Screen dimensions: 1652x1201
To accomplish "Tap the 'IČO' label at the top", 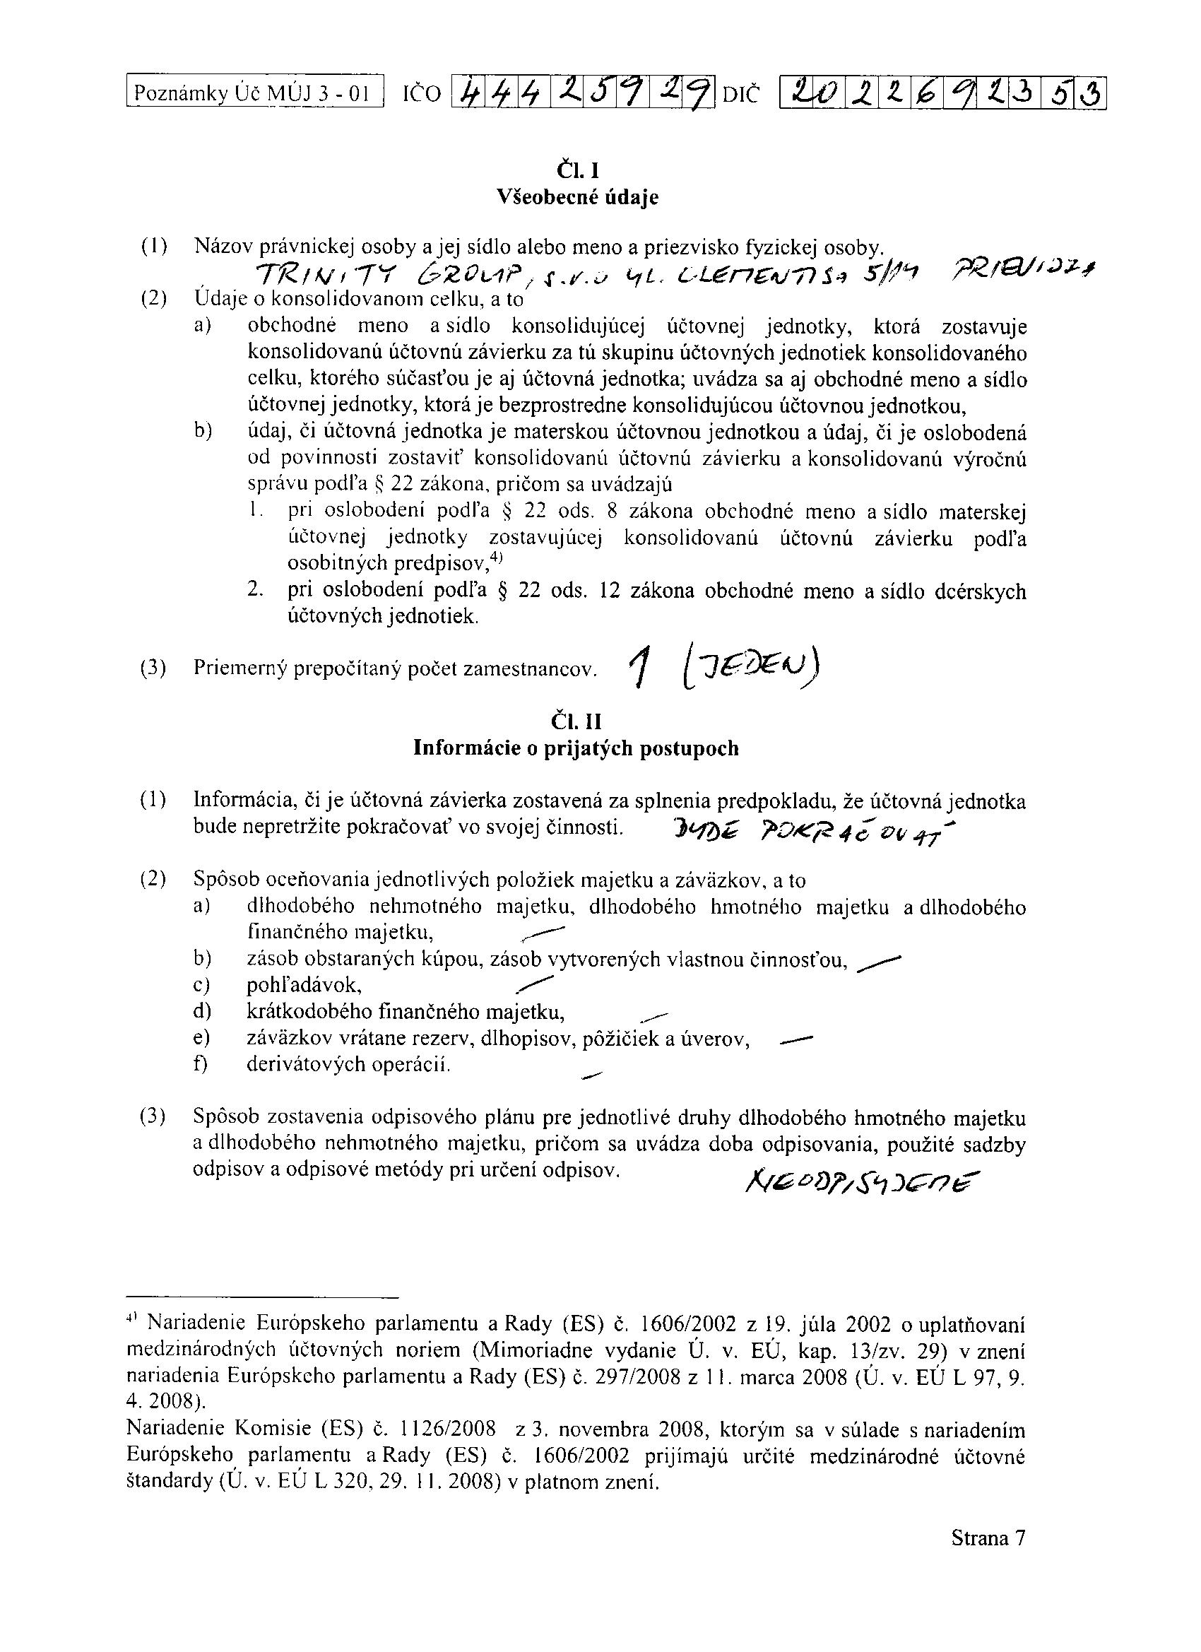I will [422, 94].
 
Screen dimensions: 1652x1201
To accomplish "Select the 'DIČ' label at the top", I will [740, 94].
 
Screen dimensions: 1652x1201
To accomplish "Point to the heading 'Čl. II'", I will [576, 721].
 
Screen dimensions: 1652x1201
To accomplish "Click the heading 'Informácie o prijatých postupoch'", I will [576, 748].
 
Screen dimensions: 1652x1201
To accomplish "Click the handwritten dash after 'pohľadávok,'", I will [533, 984].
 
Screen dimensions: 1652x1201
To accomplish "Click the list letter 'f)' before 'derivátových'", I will [201, 1065].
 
